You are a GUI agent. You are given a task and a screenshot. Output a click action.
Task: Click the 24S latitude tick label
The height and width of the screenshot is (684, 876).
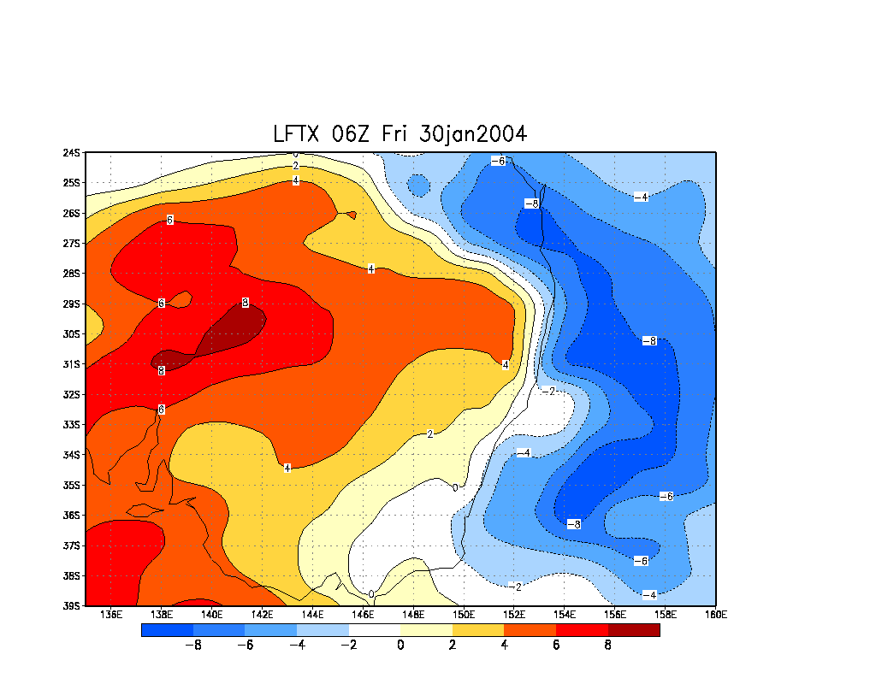pyautogui.click(x=71, y=153)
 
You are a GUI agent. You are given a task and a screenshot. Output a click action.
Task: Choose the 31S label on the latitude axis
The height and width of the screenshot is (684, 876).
pyautogui.click(x=71, y=364)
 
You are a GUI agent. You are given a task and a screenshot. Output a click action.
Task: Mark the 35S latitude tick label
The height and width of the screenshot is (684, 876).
pyautogui.click(x=71, y=485)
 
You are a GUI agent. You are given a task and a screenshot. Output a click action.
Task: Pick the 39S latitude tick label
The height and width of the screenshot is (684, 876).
pyautogui.click(x=71, y=605)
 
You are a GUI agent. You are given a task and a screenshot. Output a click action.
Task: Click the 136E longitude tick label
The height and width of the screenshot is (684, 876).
pyautogui.click(x=111, y=615)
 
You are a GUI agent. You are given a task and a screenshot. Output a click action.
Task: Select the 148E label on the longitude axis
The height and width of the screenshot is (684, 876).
pyautogui.click(x=413, y=615)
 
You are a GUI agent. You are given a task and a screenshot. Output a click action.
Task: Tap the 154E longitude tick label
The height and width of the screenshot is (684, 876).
pyautogui.click(x=565, y=615)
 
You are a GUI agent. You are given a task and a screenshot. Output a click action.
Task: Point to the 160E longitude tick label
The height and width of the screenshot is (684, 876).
pyautogui.click(x=715, y=615)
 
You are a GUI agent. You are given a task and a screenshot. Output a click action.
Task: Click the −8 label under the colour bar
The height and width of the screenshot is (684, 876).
pyautogui.click(x=193, y=646)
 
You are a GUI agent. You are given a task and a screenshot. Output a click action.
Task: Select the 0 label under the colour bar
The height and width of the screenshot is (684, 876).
pyautogui.click(x=400, y=646)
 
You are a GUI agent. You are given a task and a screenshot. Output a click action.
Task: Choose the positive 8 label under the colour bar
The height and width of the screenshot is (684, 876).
pyautogui.click(x=607, y=646)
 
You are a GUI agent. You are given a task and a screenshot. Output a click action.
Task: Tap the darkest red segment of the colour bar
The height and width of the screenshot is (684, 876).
pyautogui.click(x=634, y=630)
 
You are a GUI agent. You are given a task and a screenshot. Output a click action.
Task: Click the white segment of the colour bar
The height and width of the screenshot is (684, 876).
pyautogui.click(x=375, y=630)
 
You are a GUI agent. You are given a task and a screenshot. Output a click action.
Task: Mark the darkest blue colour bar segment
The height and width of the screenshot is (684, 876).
pyautogui.click(x=167, y=630)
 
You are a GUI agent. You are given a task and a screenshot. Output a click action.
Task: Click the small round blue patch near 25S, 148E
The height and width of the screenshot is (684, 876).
pyautogui.click(x=417, y=184)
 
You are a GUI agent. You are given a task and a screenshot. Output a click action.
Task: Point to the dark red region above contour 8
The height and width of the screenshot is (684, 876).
pyautogui.click(x=233, y=329)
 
